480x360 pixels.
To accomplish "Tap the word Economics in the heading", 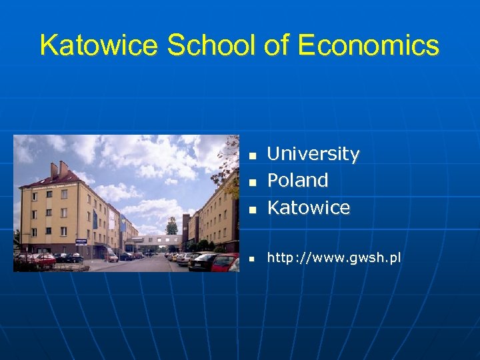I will (369, 45).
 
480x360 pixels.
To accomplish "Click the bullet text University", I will (313, 154).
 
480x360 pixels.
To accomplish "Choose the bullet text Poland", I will (297, 181).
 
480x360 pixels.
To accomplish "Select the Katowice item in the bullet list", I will (308, 208).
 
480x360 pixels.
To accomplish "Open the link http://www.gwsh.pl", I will (334, 258).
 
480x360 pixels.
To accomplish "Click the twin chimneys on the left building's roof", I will (58, 169).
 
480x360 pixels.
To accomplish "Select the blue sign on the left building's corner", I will (81, 240).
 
